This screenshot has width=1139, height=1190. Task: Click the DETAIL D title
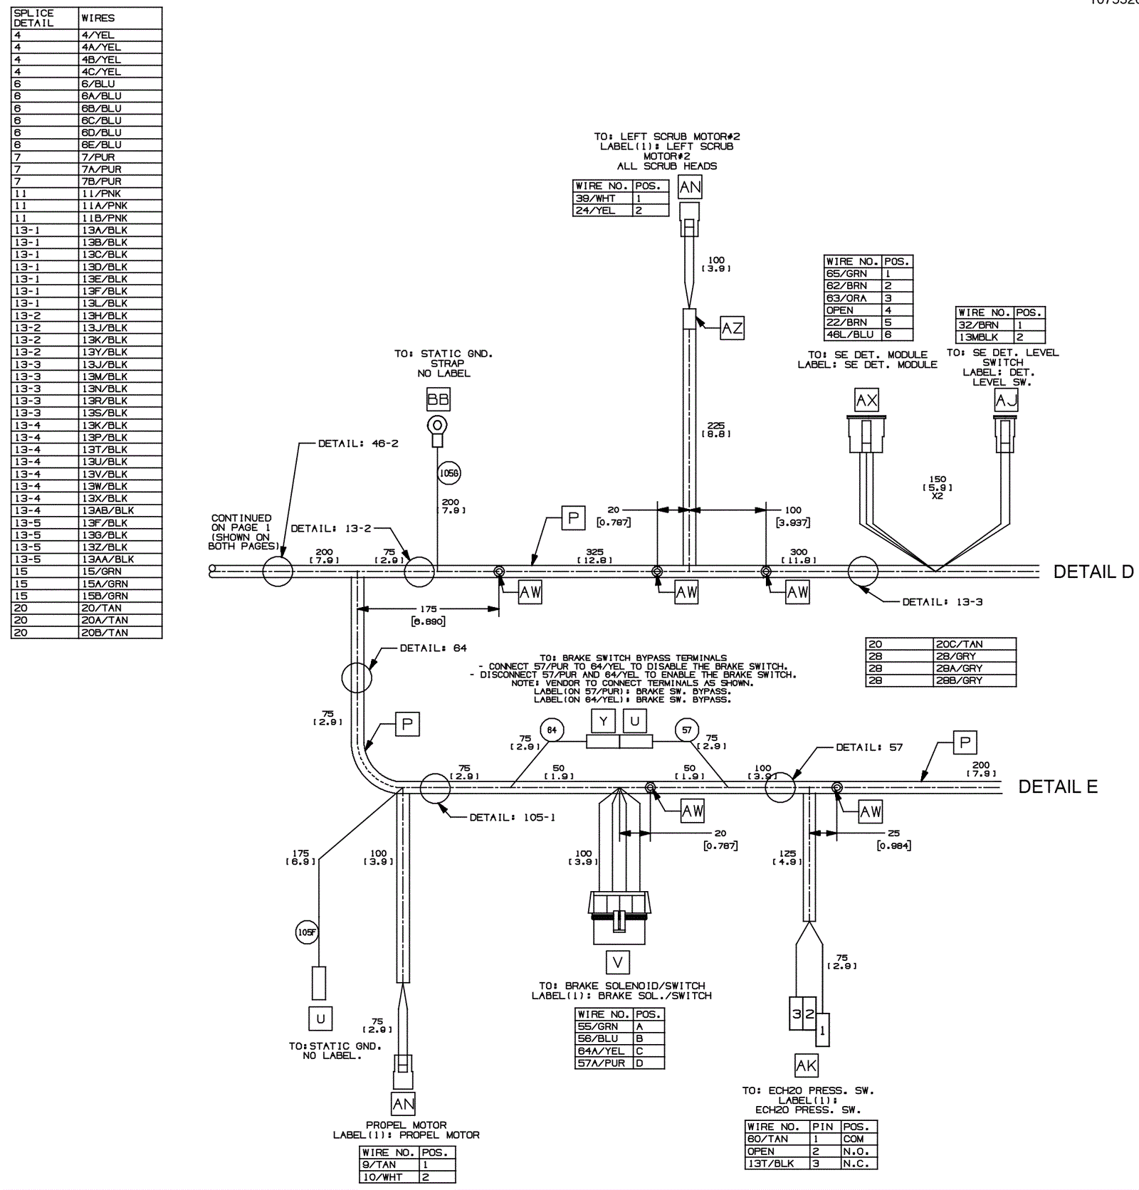(1093, 572)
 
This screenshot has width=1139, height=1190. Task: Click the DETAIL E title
(1057, 786)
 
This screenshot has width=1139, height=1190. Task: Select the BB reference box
(438, 399)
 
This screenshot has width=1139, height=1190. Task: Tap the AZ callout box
(732, 328)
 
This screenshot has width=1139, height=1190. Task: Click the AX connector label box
(866, 400)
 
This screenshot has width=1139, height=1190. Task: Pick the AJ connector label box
(1006, 400)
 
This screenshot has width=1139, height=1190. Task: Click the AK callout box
(806, 1065)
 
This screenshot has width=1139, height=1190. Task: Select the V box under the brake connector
(617, 963)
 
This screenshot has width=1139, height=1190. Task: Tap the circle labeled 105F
(307, 932)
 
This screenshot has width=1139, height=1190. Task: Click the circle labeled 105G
(449, 473)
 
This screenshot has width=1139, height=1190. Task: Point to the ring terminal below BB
(437, 426)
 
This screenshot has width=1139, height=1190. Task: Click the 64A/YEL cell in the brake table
(602, 1051)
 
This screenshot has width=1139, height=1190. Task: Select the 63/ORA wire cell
(852, 298)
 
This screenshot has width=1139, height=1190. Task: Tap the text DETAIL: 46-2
(358, 443)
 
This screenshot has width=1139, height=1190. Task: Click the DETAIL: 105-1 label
(512, 817)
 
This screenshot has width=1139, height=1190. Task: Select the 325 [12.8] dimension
(594, 555)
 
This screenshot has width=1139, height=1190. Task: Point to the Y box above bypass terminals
(603, 722)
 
